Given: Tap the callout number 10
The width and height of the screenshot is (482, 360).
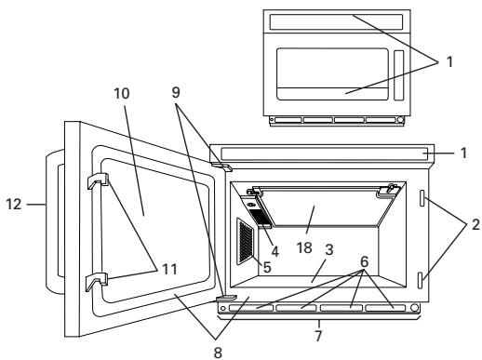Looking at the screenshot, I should (123, 94).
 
